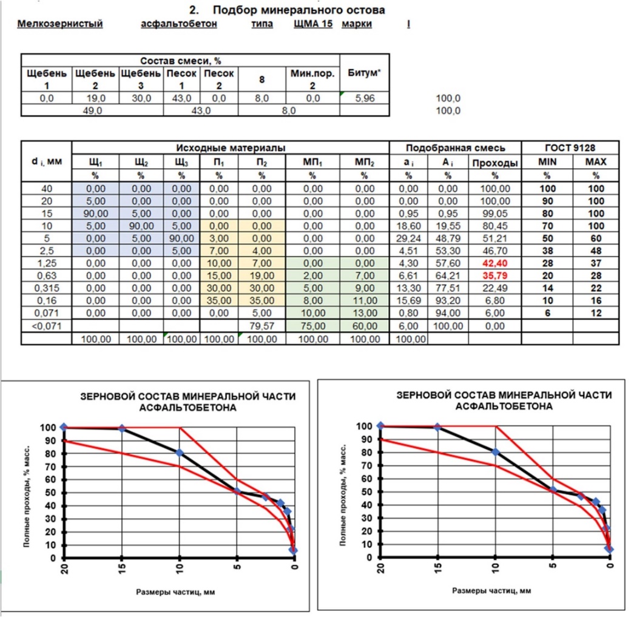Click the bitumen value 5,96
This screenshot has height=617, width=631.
[365, 98]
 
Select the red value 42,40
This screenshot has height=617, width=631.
[494, 263]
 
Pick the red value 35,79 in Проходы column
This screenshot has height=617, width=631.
[494, 275]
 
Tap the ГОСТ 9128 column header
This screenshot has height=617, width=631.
[570, 147]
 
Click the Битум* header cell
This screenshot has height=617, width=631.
[364, 73]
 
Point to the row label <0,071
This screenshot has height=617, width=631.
[46, 326]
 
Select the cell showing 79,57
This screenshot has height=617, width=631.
[262, 326]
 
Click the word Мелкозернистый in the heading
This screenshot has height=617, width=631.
[60, 24]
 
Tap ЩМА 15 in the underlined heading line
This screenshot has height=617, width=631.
[313, 24]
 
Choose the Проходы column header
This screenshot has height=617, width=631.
[494, 163]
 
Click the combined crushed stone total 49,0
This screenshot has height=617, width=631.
[92, 110]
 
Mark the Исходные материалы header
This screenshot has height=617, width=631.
[230, 147]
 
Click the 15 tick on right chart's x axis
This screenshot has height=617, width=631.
[438, 567]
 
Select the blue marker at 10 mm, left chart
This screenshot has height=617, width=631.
[180, 453]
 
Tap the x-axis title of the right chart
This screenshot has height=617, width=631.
[491, 591]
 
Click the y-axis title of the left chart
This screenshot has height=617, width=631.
[27, 496]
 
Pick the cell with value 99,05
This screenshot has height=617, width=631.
[494, 214]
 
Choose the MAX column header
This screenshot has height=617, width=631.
[596, 162]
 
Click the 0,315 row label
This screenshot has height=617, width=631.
[46, 288]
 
